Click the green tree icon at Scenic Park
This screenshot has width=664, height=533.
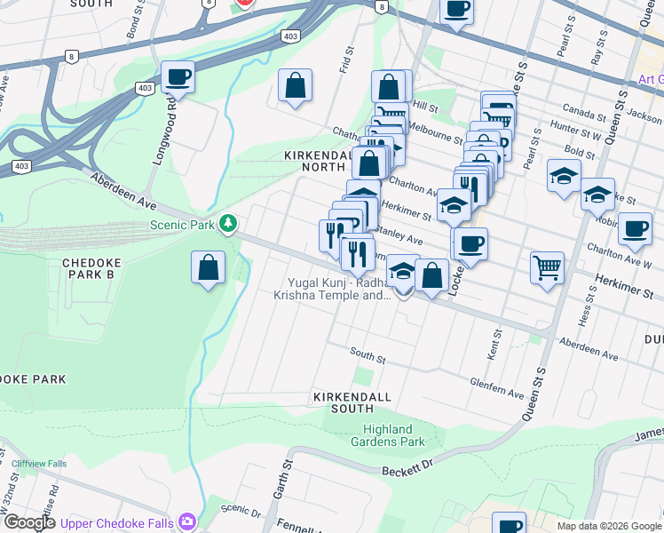pyautogui.click(x=229, y=224)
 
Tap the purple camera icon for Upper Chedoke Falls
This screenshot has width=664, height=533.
pyautogui.click(x=186, y=521)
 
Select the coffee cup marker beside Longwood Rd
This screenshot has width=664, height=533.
pyautogui.click(x=178, y=77)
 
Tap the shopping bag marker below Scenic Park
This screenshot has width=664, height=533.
pyautogui.click(x=208, y=268)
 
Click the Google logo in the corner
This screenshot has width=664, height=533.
pyautogui.click(x=28, y=522)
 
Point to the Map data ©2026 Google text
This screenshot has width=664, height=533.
pyautogui.click(x=608, y=526)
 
